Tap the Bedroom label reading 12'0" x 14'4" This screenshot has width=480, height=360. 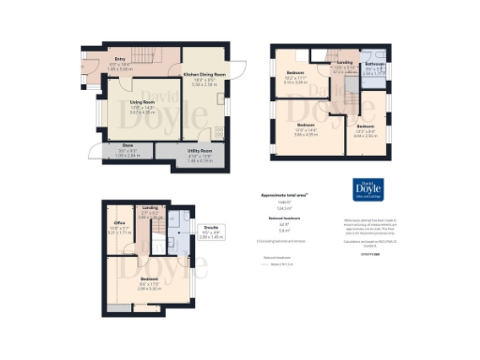click(x=307, y=130)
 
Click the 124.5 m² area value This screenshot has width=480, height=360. click(x=272, y=207)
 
